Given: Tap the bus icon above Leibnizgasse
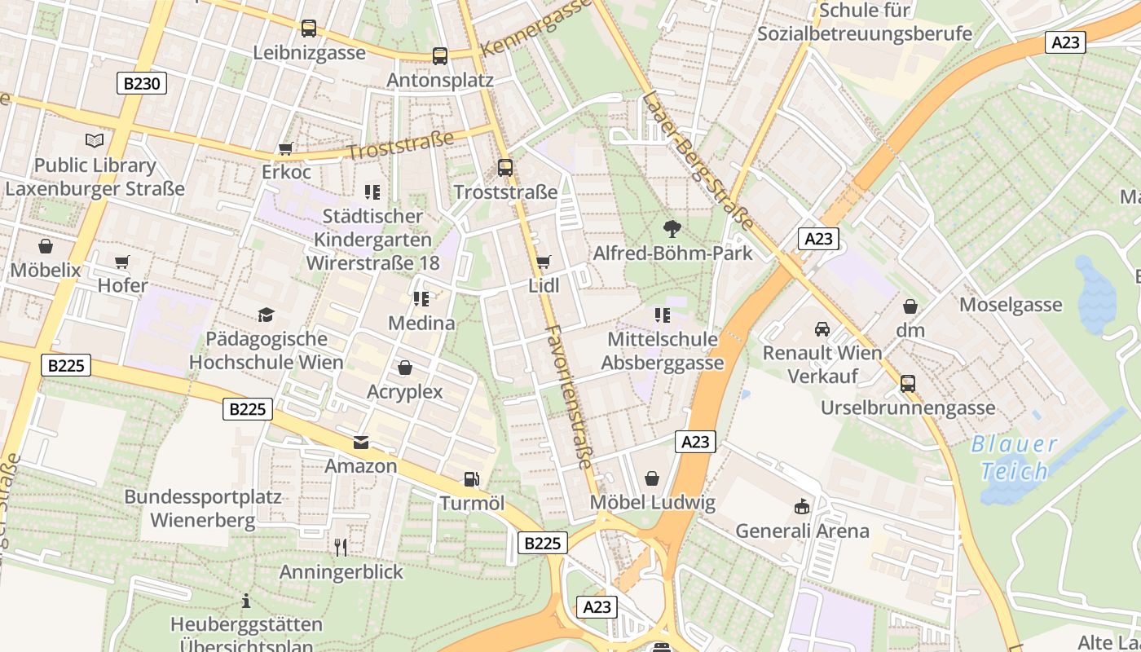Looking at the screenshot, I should tap(309, 29).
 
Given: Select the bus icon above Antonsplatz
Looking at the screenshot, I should tap(440, 55).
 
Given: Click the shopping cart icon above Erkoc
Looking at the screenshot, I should tap(286, 148).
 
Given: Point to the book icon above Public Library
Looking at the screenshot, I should tap(95, 140).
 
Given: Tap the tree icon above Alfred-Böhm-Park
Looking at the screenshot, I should tap(672, 228).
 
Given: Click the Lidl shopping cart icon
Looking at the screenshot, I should tap(544, 262).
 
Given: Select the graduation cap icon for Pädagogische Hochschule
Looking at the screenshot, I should tap(266, 315).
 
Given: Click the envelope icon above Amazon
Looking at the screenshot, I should tap(361, 443).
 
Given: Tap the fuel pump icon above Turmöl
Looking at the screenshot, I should tap(471, 479).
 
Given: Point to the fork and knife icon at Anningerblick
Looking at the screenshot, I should tap(341, 547).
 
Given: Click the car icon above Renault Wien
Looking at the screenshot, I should tap(822, 329).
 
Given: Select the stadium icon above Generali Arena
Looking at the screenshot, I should tap(803, 507).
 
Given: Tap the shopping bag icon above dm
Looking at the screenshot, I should tap(910, 306).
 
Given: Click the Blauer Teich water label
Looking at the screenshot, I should tap(1015, 458).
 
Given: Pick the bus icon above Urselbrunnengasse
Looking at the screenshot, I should tap(908, 383).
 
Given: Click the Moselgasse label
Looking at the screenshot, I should tap(1011, 305).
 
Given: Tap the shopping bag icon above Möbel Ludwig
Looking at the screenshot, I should tap(652, 478).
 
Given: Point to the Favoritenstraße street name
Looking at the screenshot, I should tap(569, 397).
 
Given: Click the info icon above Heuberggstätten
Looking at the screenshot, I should tap(246, 601).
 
